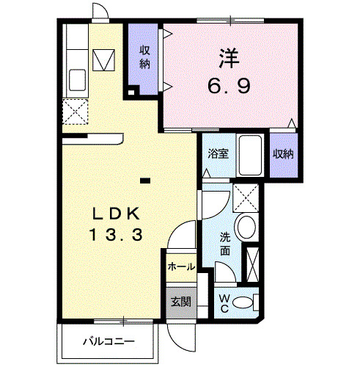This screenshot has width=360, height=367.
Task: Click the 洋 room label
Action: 228,57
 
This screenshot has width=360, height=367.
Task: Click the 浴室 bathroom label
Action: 216,154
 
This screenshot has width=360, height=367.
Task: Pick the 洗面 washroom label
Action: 226,244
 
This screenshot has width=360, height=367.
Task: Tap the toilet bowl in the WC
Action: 249,301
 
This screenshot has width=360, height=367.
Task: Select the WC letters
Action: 224,302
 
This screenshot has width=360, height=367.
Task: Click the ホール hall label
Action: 181,266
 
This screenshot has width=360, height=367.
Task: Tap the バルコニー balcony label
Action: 108,341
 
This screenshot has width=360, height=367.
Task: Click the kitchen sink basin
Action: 76,77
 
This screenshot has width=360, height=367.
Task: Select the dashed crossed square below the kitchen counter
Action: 76,114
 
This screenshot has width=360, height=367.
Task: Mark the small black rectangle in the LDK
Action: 145,178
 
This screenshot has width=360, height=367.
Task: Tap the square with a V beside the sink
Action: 104,59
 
